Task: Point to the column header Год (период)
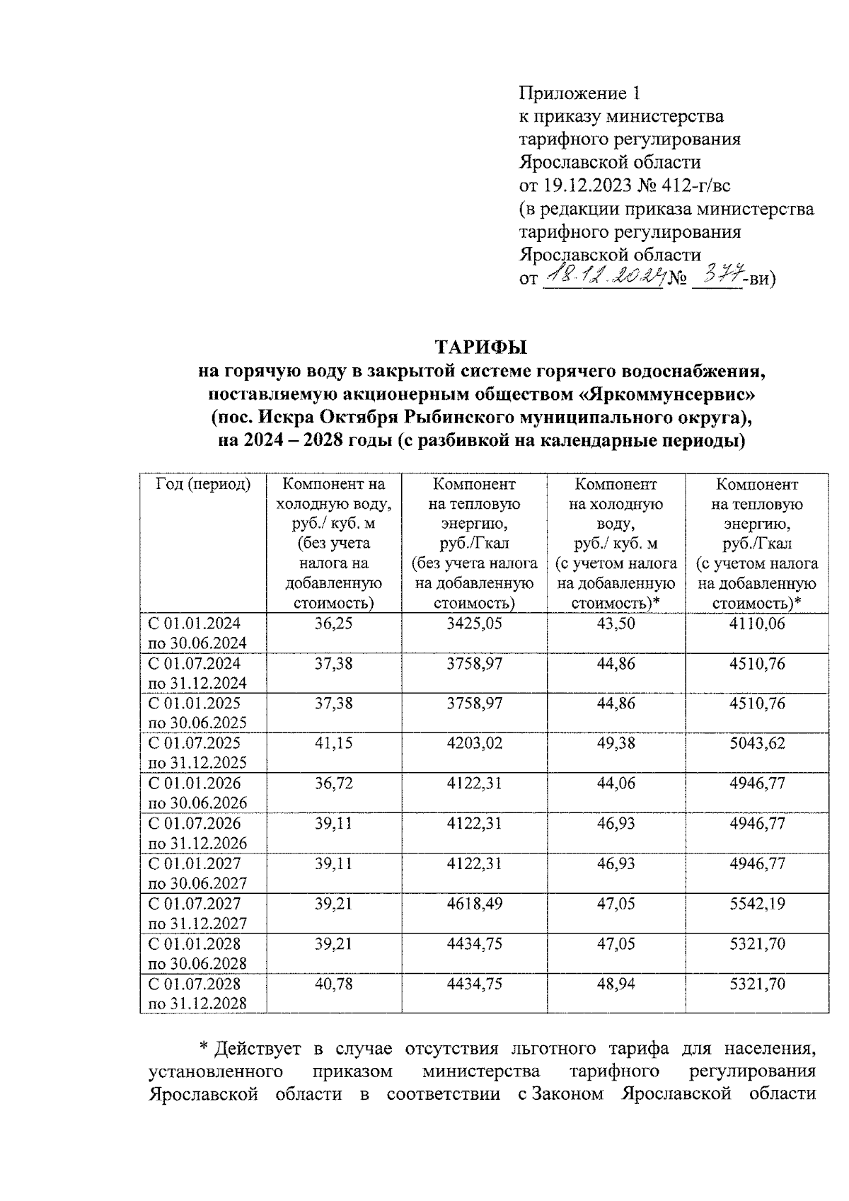(x=203, y=485)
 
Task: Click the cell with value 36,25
(x=333, y=624)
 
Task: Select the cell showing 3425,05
(x=474, y=624)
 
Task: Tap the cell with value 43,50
(x=616, y=624)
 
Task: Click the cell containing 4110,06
(x=757, y=624)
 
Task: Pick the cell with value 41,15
(x=333, y=743)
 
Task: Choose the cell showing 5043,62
(x=757, y=743)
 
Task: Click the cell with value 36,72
(x=333, y=783)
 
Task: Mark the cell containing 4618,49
(x=474, y=904)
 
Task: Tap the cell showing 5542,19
(x=757, y=904)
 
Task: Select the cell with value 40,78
(x=333, y=984)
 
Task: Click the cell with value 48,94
(x=616, y=984)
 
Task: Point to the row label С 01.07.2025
(x=194, y=743)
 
